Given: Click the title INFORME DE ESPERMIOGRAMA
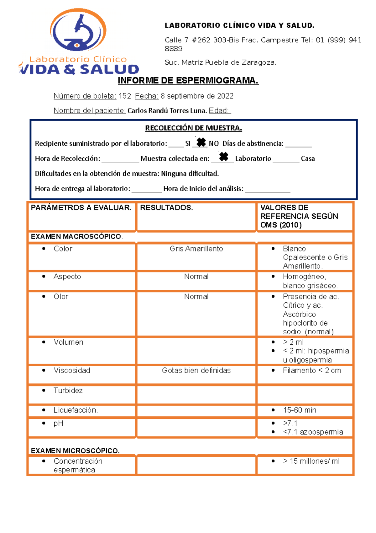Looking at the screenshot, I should point(188,81).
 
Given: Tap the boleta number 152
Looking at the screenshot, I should point(125,96).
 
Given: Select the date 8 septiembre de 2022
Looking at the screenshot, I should point(197,96).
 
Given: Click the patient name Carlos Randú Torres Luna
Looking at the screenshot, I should point(167,111).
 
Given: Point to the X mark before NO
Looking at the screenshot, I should point(201,143).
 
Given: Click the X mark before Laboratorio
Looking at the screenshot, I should point(223,156).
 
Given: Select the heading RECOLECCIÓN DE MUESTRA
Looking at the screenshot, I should point(193,128).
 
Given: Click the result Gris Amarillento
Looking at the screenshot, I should point(196,249).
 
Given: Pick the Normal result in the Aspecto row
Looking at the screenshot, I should point(196,277).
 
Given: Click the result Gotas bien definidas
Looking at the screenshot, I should point(196,370).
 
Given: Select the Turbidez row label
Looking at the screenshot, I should point(68,390).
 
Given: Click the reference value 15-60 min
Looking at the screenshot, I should point(300,410).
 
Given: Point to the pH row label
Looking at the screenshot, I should point(58,423).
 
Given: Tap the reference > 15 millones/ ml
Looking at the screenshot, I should point(311,461).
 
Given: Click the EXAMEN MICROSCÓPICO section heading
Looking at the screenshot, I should point(75,451).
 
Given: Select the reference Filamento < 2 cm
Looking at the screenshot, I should point(312,370).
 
